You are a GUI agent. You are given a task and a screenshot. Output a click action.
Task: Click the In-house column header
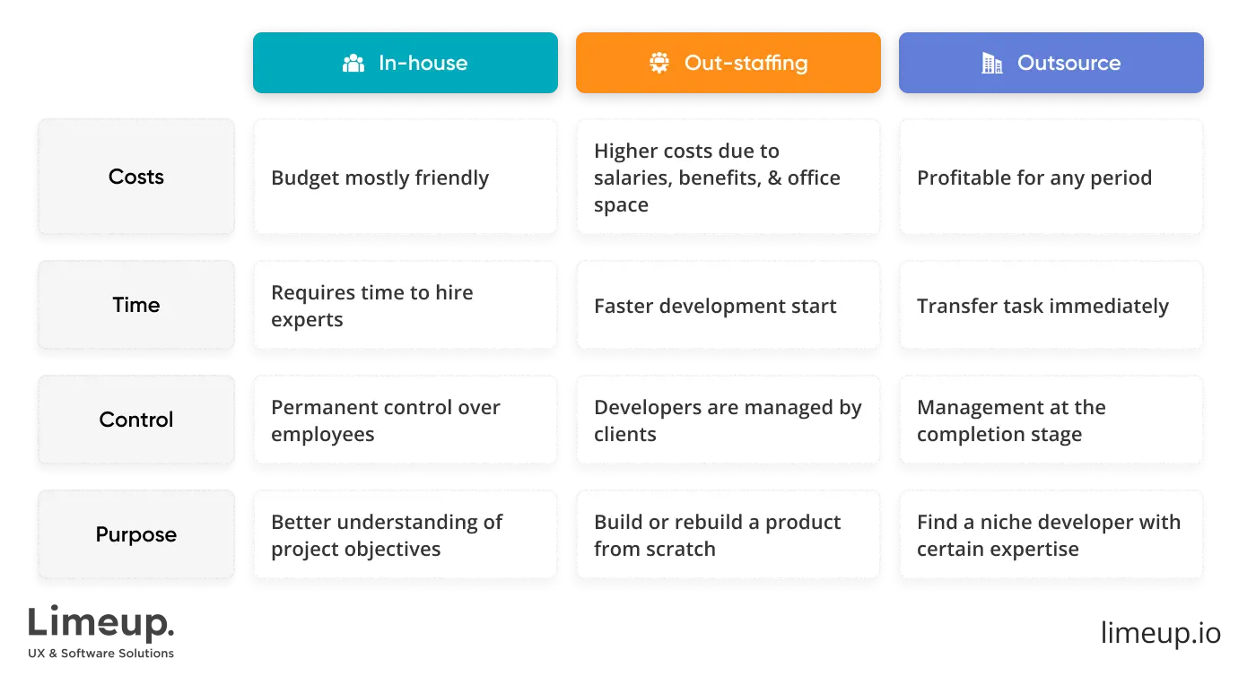(406, 63)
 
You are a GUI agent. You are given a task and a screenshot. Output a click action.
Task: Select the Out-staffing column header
(728, 63)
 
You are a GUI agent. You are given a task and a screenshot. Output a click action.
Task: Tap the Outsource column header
(1051, 63)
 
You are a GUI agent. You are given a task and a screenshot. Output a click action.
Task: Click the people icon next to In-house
(353, 64)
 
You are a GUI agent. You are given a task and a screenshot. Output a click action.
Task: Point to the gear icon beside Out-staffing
(659, 63)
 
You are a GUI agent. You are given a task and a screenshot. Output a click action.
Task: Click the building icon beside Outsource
(991, 63)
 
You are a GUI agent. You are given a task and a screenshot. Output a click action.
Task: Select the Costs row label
(136, 177)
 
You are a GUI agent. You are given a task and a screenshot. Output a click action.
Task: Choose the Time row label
(136, 305)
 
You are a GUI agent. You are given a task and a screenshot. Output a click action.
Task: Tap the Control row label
(136, 420)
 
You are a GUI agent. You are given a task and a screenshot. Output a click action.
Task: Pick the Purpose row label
(136, 534)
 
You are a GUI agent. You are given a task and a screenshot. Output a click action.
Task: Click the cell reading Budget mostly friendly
(406, 178)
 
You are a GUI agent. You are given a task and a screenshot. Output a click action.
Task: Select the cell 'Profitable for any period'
(1051, 178)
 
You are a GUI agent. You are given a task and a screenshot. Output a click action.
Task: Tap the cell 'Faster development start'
(728, 306)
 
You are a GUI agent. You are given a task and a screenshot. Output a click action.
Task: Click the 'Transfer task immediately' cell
(1051, 306)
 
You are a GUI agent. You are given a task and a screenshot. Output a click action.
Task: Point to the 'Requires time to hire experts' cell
(406, 306)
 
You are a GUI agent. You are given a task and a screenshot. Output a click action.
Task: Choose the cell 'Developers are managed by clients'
(728, 420)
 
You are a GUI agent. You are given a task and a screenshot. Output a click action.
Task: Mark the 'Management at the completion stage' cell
(1051, 420)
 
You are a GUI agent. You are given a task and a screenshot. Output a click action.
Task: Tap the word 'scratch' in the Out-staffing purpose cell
(681, 549)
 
